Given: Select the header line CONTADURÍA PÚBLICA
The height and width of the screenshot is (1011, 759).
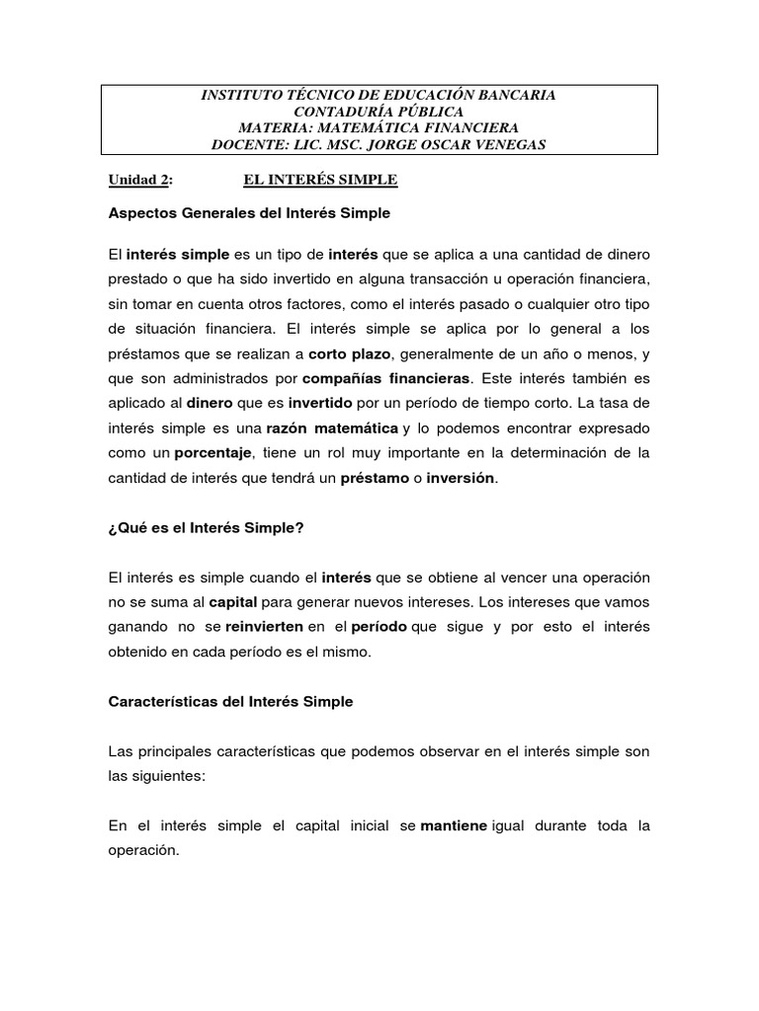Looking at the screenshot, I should [379, 113].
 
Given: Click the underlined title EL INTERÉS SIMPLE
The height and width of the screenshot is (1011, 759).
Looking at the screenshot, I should [320, 180].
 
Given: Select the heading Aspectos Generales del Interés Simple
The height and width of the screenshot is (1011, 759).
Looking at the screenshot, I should [249, 213].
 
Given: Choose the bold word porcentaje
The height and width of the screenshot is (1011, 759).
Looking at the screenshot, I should [214, 453].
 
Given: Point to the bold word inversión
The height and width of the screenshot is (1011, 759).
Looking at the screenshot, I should [459, 479].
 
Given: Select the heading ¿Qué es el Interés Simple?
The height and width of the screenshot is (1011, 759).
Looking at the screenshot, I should [206, 527].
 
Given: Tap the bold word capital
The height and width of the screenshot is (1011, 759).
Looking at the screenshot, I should [232, 601].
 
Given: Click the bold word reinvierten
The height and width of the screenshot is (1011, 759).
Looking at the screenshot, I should [264, 627].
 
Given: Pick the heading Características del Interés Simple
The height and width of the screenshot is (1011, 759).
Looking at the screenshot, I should [230, 701].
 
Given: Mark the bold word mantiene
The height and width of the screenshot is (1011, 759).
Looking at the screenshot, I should [455, 825].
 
